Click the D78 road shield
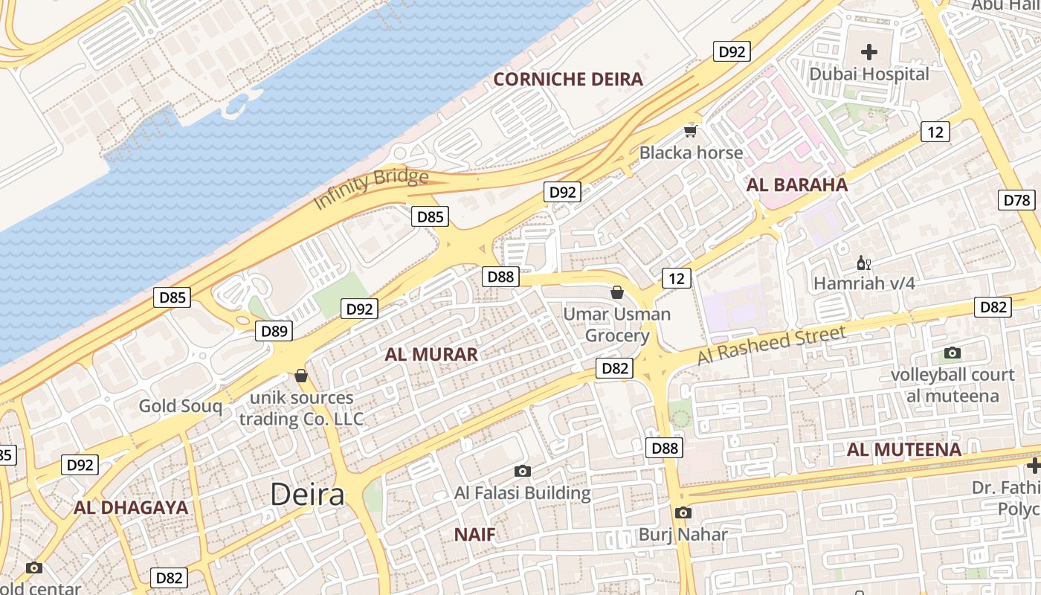1018,200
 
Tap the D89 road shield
274,331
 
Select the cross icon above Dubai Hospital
868,52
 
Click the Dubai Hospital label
868,74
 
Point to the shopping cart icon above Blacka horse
691,132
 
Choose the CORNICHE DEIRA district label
568,80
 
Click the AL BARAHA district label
796,185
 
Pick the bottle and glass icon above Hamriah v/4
863,263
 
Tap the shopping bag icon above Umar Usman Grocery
616,292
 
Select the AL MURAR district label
431,355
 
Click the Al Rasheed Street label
771,345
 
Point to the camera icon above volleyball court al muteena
952,353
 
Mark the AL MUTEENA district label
903,449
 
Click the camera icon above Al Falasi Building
522,471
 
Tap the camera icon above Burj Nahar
683,512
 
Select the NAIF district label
474,534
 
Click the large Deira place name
307,494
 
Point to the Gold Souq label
180,406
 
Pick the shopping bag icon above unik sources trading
301,376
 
